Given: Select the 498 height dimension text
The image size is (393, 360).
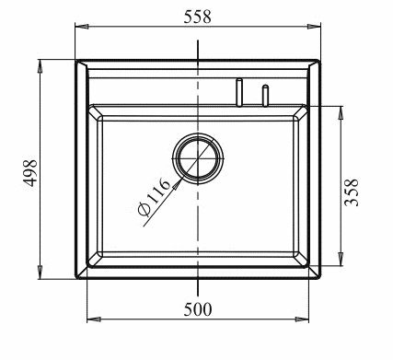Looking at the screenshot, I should pos(29,168).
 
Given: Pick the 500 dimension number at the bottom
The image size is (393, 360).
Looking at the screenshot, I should pos(198,309).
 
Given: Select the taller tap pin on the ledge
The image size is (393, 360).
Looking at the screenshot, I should pos(237,92).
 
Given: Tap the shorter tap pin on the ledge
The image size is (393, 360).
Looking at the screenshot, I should pos(265,95).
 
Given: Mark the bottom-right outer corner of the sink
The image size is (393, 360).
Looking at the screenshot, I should pos(320,278).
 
